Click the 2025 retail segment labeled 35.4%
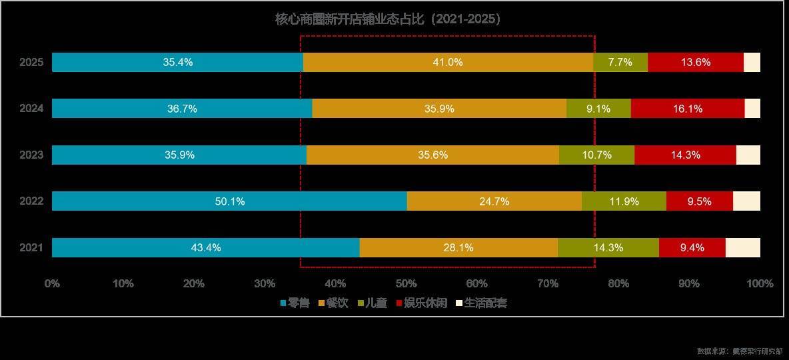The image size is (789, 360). pos(177,63)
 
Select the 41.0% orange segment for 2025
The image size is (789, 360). pos(448,63)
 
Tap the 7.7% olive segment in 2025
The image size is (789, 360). pos(620,63)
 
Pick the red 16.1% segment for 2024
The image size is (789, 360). pos(687,109)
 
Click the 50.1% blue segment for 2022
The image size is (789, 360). pos(229,201)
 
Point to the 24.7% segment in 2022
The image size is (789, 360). pos(494,201)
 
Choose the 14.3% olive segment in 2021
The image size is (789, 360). pos(608,247)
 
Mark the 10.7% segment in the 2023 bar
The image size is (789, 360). pos(596,155)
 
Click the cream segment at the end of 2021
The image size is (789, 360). pos(742,247)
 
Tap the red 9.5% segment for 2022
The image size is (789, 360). pos(699,201)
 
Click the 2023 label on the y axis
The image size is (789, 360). pos(31,155)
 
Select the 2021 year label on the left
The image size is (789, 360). pos(31,247)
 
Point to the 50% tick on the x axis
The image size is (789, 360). pos(406,283)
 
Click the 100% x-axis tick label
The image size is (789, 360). pos(760,283)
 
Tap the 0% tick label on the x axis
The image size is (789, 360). pos(52,283)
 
